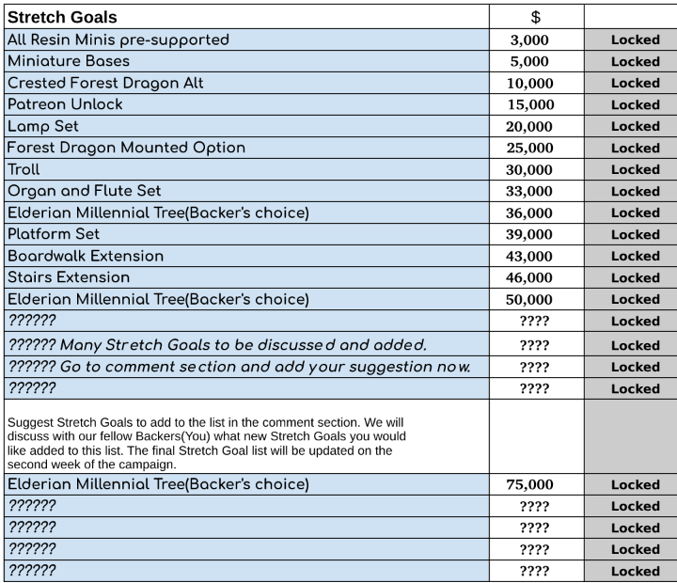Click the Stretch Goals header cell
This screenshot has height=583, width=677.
tap(63, 17)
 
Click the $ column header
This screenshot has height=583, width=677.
tap(536, 17)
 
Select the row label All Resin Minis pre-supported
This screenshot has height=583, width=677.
tap(118, 39)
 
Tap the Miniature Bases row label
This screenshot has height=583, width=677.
tap(68, 61)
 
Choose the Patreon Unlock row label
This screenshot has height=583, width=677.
tap(65, 104)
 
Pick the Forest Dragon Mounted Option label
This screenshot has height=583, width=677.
tap(126, 148)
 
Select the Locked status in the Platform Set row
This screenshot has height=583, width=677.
tap(635, 234)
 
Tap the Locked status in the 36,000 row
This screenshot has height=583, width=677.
tap(635, 213)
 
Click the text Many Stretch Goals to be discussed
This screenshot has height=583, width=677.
tap(216, 344)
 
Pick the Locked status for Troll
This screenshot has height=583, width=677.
tap(635, 169)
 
